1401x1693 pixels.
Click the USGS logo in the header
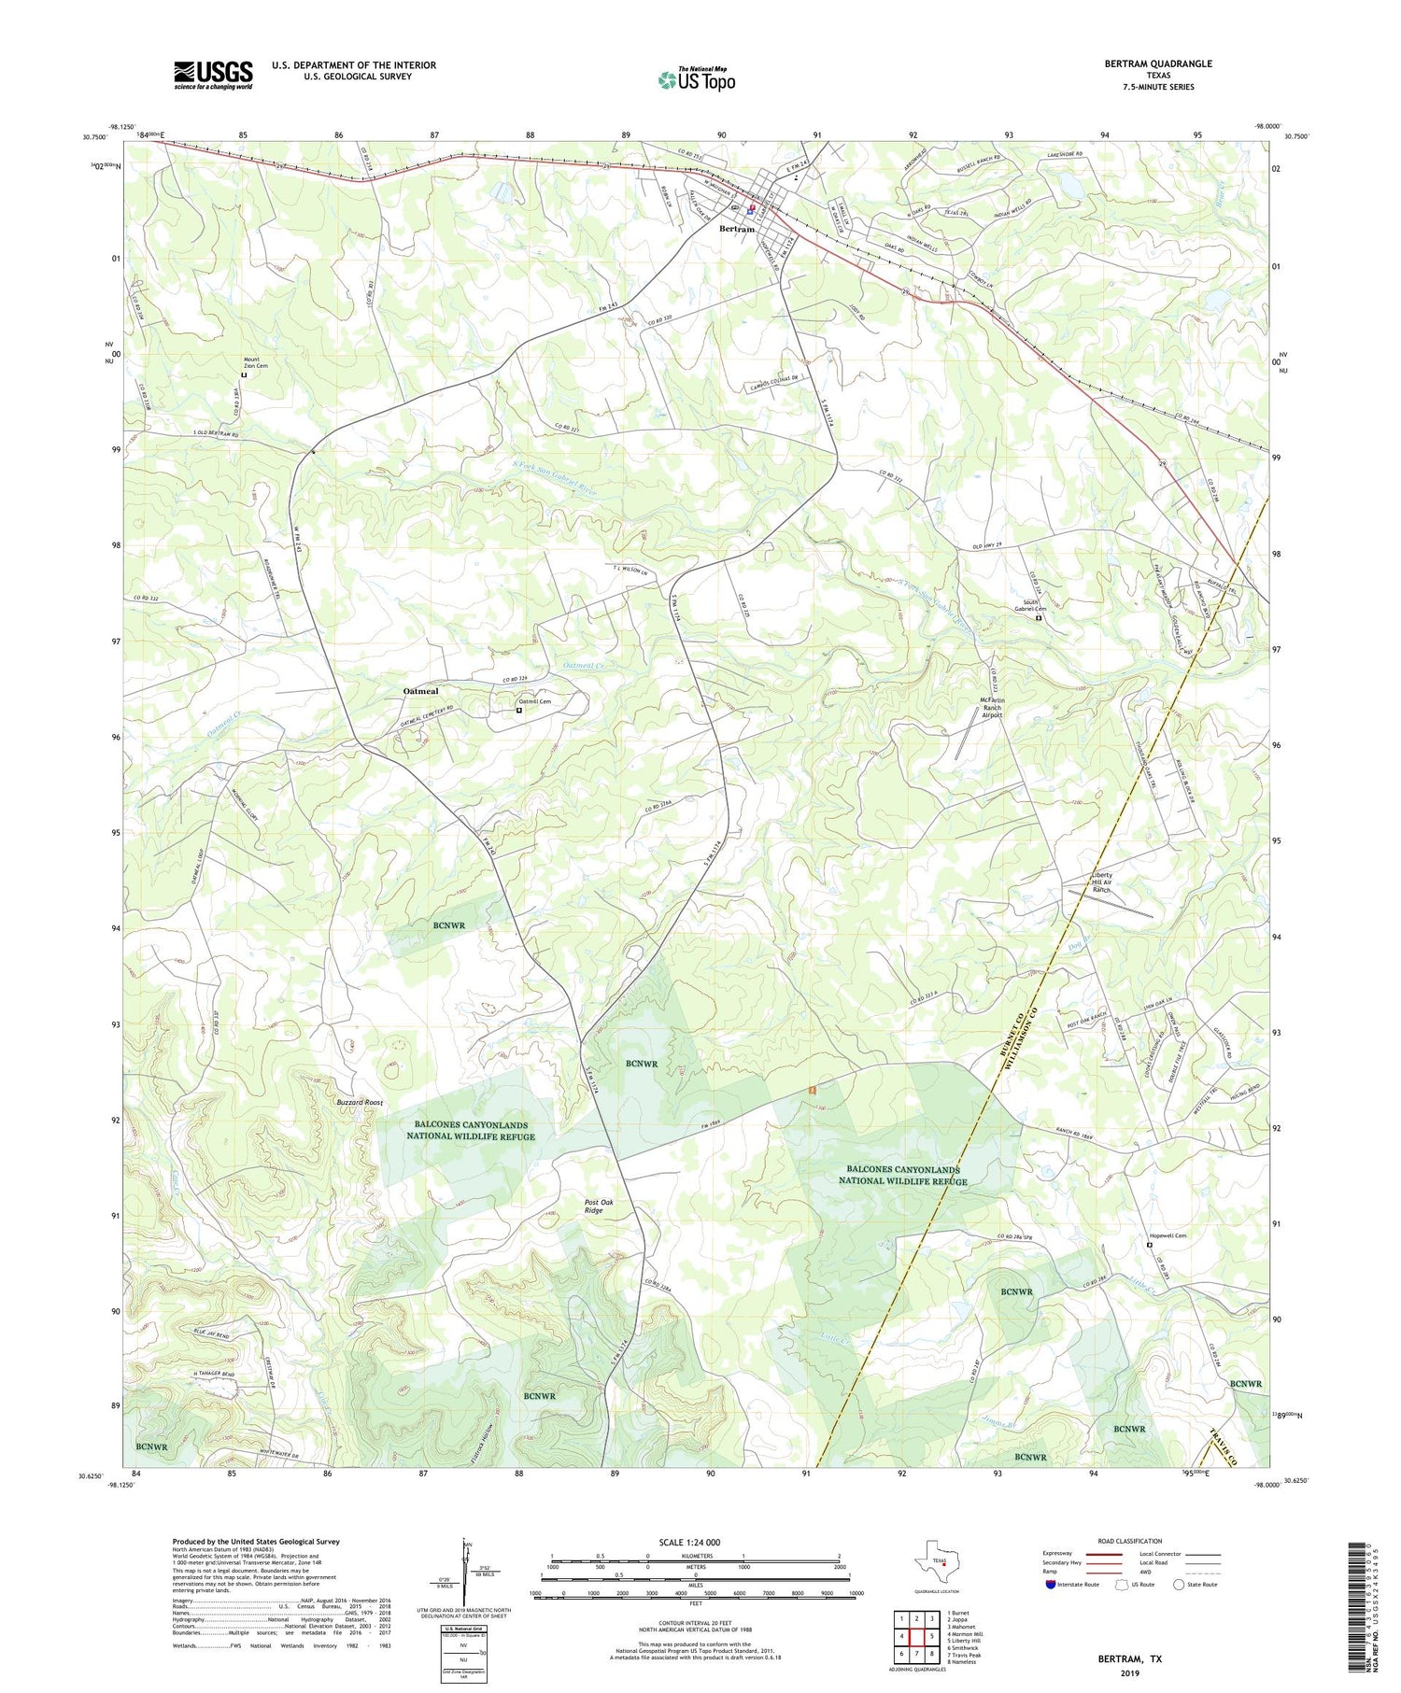213,75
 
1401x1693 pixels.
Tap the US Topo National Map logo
696,79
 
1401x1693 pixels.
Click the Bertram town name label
736,229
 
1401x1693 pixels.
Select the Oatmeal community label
420,691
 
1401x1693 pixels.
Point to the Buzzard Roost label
361,1103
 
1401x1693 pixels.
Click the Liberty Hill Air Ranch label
1101,883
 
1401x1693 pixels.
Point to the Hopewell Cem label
1167,1236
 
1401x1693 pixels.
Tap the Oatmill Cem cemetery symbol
519,710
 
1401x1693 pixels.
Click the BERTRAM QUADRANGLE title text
1157,63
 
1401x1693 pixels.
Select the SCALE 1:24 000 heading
688,1542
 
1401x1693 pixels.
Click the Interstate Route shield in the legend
1051,1585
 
